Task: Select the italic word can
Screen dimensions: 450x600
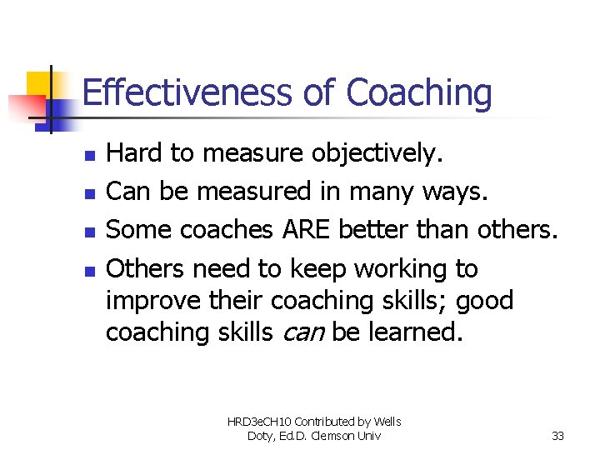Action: (304, 332)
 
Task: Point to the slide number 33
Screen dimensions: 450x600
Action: (559, 436)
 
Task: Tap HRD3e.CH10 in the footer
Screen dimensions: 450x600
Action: (259, 422)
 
